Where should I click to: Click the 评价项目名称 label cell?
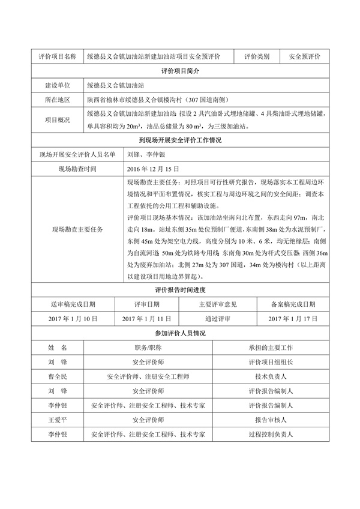coord(57,56)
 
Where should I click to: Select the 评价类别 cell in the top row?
coord(256,56)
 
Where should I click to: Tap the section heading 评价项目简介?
coord(180,71)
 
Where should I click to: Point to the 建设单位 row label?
coord(57,86)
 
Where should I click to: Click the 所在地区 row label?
coord(57,100)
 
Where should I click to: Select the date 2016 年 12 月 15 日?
coord(154,169)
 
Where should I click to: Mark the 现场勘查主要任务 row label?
coord(77,229)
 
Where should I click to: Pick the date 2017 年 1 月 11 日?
coord(146,319)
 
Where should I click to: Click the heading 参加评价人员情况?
coord(180,333)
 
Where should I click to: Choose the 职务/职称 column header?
coord(148,348)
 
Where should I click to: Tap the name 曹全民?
coord(57,377)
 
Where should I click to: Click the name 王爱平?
coord(57,420)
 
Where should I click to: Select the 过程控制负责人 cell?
coord(270,435)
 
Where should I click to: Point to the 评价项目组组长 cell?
coord(270,363)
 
